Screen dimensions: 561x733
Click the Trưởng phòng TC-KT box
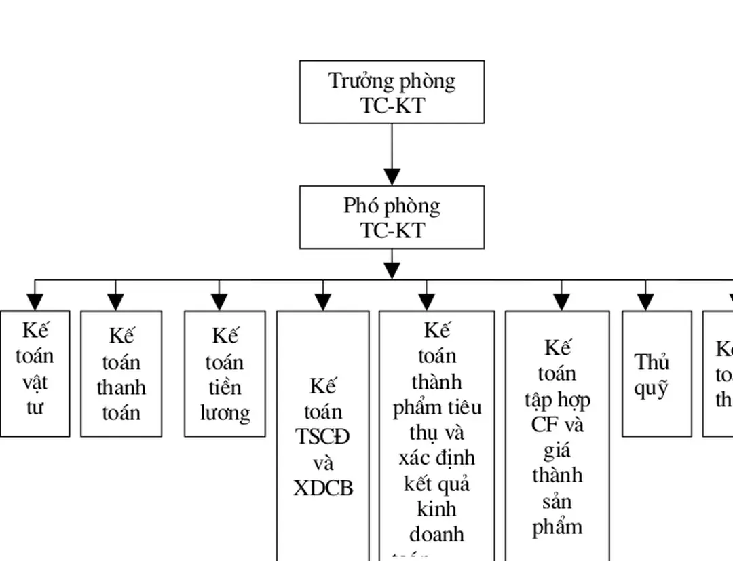pyautogui.click(x=392, y=92)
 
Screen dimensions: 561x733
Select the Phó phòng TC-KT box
pyautogui.click(x=392, y=217)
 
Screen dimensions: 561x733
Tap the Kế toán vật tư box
pyautogui.click(x=35, y=374)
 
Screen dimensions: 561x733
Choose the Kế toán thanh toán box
pyautogui.click(x=121, y=374)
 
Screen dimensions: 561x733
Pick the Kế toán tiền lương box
pyautogui.click(x=225, y=374)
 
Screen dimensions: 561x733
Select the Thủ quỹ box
pyautogui.click(x=656, y=374)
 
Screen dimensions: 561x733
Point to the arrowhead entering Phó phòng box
pyautogui.click(x=392, y=177)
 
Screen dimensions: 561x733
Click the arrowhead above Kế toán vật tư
pyautogui.click(x=35, y=303)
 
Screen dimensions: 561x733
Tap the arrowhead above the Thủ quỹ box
pyautogui.click(x=645, y=303)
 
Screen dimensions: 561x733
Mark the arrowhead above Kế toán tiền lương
pyautogui.click(x=219, y=303)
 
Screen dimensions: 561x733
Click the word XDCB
pyautogui.click(x=323, y=488)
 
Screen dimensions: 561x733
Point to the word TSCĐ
pyautogui.click(x=323, y=438)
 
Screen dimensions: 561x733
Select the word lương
pyautogui.click(x=225, y=413)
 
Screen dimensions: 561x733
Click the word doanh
pyautogui.click(x=436, y=535)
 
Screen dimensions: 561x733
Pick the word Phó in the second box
pyautogui.click(x=360, y=206)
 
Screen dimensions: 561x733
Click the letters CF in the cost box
pyautogui.click(x=544, y=425)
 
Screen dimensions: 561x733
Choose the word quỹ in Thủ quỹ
pyautogui.click(x=652, y=389)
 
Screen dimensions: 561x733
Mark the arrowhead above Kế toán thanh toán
pyautogui.click(x=116, y=303)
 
